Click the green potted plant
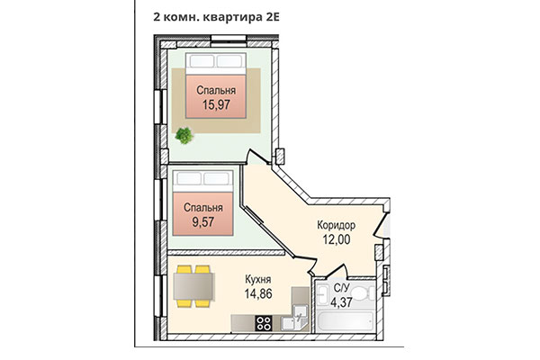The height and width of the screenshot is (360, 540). click(184, 137)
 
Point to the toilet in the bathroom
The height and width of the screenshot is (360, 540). click(364, 293)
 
